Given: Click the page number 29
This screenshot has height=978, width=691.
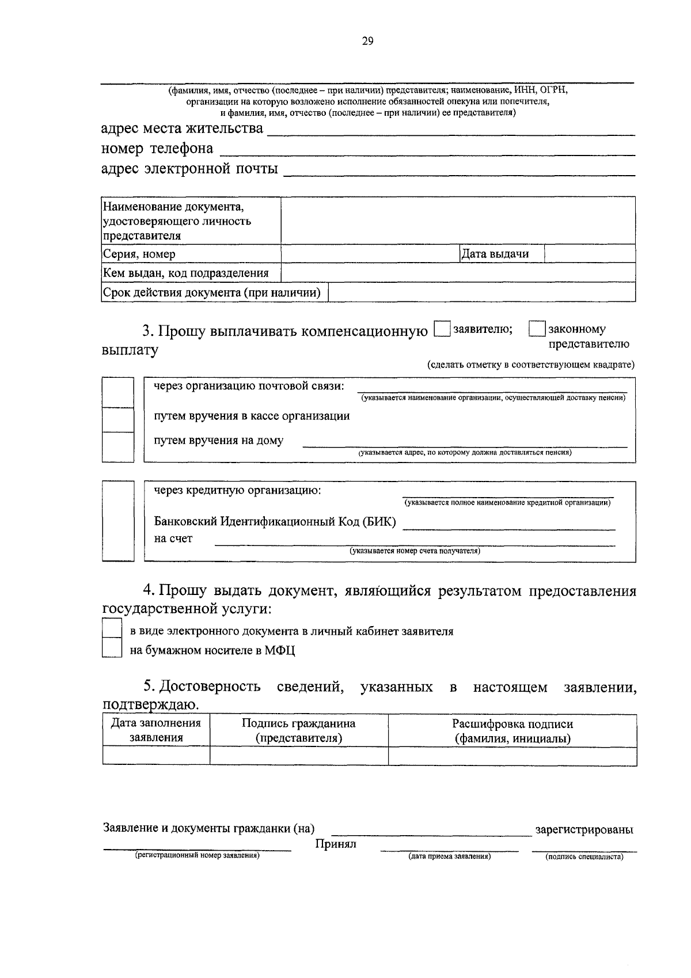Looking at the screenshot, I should (x=367, y=41).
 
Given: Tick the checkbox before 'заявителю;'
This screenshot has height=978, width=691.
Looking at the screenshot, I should (x=442, y=329).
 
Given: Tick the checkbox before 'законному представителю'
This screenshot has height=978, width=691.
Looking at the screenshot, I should (x=537, y=329).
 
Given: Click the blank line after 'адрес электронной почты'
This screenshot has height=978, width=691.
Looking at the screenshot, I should (x=459, y=170).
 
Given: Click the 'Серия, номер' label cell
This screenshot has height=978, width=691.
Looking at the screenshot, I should (x=191, y=254).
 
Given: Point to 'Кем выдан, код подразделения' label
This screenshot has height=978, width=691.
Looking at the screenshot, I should (x=191, y=273).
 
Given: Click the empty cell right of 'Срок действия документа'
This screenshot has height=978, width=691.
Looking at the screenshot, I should (x=481, y=293).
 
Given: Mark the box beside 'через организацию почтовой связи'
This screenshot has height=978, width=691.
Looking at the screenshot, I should (x=117, y=392).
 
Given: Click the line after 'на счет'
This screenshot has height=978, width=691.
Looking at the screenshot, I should (x=415, y=541).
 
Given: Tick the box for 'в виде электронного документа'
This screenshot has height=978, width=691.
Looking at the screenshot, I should (x=112, y=628).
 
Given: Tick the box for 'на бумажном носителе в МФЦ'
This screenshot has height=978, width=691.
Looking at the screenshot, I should (x=112, y=649).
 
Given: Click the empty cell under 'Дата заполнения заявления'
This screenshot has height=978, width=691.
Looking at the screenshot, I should (x=156, y=756).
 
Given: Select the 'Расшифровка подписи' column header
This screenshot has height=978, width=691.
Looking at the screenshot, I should (x=512, y=731).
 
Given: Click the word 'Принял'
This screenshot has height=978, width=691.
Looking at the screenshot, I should (x=336, y=844).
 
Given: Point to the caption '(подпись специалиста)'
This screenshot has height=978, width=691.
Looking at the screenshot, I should (x=584, y=856).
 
